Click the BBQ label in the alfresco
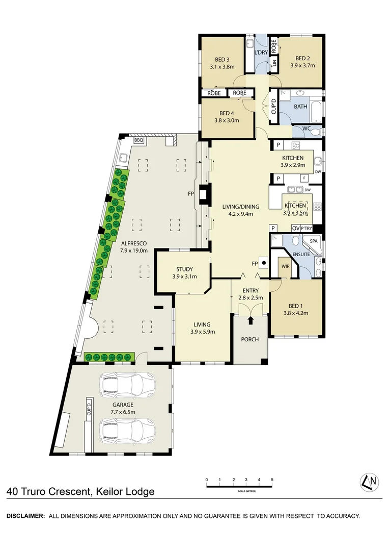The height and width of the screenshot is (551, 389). tap(138, 140)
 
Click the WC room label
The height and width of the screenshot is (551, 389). tap(307, 129)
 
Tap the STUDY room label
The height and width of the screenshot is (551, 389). tap(184, 269)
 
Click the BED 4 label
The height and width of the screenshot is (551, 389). tap(227, 113)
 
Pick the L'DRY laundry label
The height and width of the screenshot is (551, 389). tap(261, 53)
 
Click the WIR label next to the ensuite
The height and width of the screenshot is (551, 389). tap(285, 265)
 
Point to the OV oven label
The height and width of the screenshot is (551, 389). tap(295, 228)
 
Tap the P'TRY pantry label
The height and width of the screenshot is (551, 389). tap(307, 228)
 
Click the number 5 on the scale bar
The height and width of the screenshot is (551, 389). tap(272, 480)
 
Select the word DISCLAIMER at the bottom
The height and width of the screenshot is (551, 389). tap(25, 516)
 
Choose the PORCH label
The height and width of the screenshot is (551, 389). tap(250, 339)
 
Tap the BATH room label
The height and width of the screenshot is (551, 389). tap(300, 107)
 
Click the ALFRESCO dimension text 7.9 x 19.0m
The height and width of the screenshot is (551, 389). tap(127, 251)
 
